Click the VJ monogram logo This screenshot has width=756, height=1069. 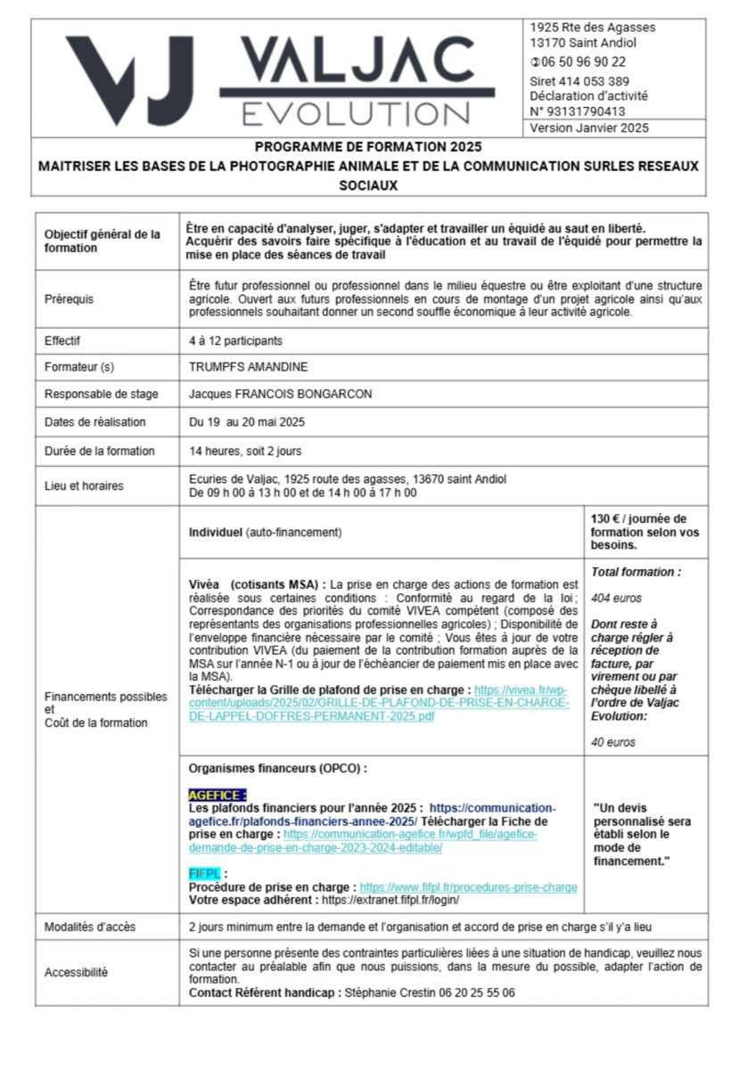pos(128,79)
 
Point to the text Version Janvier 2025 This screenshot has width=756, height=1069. pos(589,128)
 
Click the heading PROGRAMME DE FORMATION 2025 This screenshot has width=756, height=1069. pos(368,147)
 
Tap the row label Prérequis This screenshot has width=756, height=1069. pos(69,299)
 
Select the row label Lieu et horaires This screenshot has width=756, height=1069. pos(84,486)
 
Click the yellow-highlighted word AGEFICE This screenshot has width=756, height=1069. pos(217,795)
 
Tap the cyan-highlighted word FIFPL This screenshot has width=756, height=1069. pos(204,874)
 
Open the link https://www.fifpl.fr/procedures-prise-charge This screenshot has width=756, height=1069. pos(468,887)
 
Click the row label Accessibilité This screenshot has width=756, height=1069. pos(76,973)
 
